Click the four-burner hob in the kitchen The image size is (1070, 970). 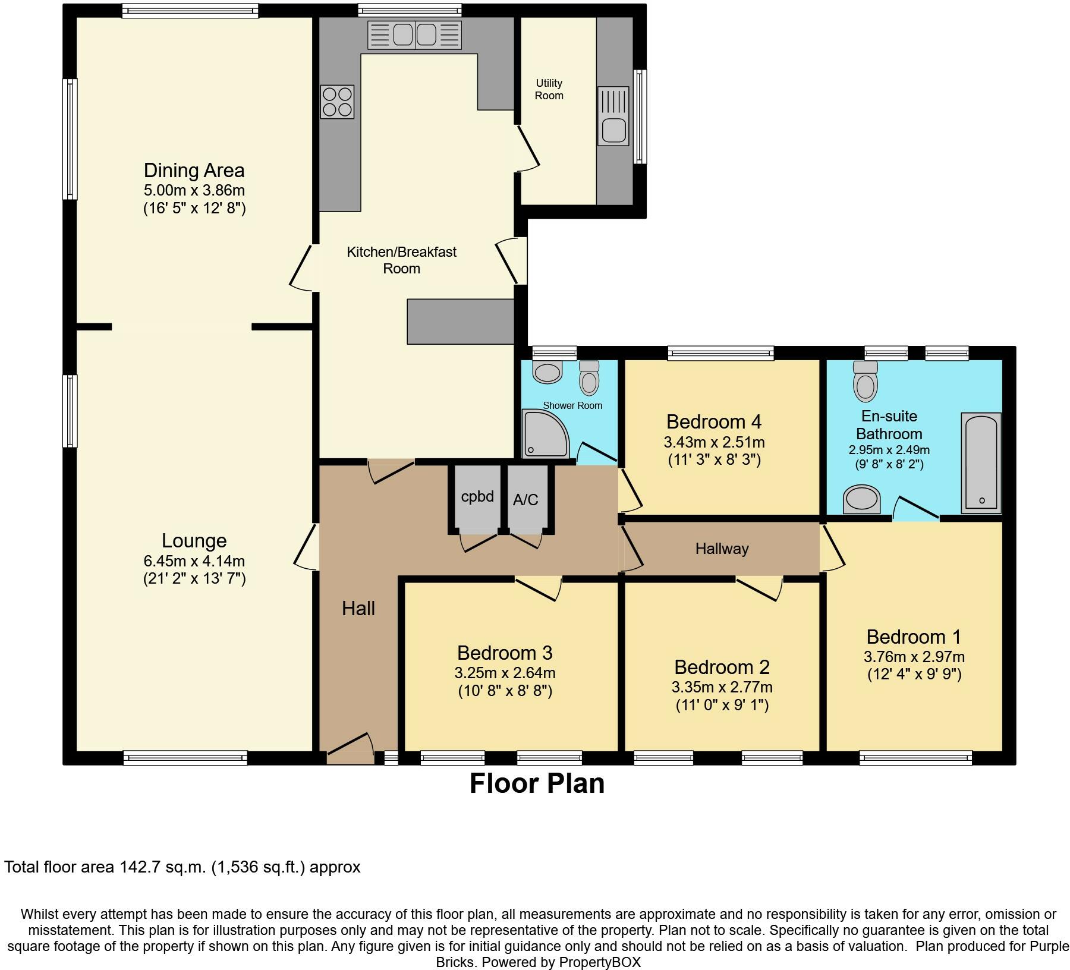tap(337, 102)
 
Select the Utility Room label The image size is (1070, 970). tap(549, 89)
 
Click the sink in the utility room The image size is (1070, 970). tap(613, 116)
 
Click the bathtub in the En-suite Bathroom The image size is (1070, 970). tap(981, 463)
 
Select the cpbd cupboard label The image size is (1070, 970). tap(477, 497)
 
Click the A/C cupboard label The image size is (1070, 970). tap(525, 500)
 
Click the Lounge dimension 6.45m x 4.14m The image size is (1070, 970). tap(194, 560)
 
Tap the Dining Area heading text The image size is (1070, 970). tap(194, 171)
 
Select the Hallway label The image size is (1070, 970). tap(722, 549)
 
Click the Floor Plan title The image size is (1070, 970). tap(537, 783)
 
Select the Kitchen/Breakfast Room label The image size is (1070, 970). tap(402, 260)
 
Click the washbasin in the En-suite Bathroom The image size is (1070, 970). tap(862, 499)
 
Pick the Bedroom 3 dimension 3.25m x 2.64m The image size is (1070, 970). tap(505, 673)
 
